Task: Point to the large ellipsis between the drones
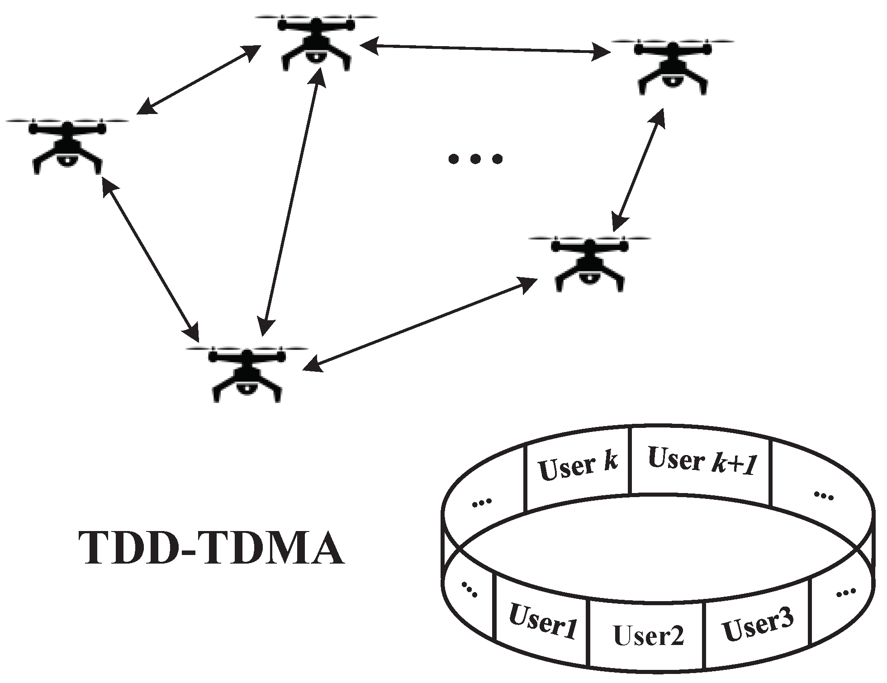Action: click(475, 159)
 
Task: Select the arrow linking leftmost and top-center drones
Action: click(199, 80)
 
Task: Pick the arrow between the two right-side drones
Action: click(639, 170)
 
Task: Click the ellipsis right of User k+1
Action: click(823, 495)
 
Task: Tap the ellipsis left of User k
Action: click(481, 502)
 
